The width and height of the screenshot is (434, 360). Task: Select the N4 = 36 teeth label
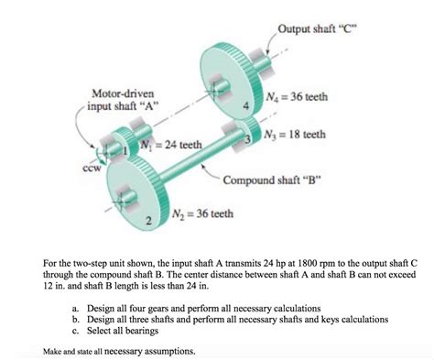coord(298,97)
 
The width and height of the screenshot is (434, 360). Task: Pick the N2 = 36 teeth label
coord(202,213)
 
